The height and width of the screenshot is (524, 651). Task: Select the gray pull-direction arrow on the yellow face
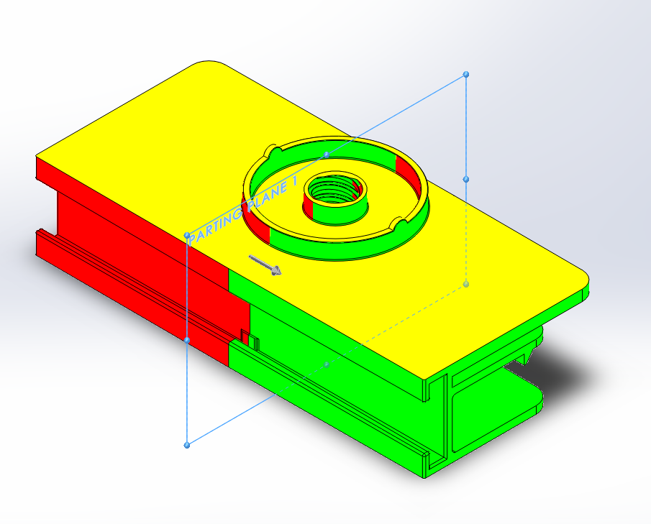tap(265, 265)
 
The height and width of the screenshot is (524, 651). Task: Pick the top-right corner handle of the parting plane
tap(466, 74)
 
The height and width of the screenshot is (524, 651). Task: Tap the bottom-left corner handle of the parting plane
tap(187, 445)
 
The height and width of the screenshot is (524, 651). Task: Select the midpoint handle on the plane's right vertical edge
tap(466, 179)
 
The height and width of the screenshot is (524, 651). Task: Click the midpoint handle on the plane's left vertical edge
tap(187, 340)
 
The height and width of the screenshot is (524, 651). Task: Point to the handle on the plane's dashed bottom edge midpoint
tap(327, 364)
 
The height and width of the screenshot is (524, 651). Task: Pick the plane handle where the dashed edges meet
tap(466, 284)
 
